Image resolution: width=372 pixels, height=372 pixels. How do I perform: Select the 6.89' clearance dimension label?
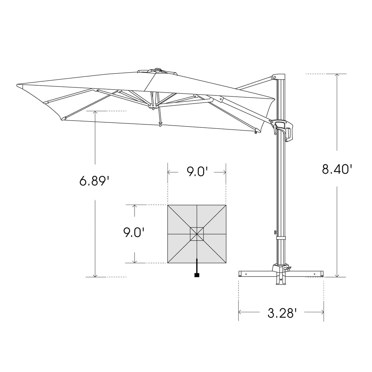(x=94, y=181)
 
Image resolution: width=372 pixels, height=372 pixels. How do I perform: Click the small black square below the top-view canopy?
(x=197, y=275)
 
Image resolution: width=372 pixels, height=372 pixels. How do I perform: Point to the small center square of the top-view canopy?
(x=197, y=234)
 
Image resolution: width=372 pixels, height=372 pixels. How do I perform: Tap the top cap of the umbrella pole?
(x=278, y=77)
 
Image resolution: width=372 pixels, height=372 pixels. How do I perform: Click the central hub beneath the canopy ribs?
(x=153, y=107)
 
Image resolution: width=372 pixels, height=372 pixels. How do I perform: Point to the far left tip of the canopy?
(x=18, y=85)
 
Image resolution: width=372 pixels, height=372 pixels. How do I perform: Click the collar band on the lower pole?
(x=281, y=238)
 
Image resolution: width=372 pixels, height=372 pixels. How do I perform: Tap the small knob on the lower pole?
(x=275, y=232)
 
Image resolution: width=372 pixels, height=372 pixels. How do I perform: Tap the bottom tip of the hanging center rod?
(x=160, y=125)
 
